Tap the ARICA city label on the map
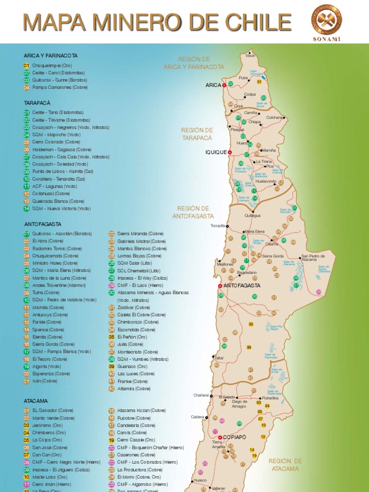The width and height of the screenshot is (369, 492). click(x=213, y=85)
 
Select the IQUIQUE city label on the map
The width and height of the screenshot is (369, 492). click(x=216, y=152)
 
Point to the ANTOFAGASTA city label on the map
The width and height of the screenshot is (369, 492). click(x=242, y=285)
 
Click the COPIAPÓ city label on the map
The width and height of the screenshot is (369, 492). click(x=234, y=437)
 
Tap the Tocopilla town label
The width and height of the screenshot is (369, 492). click(x=218, y=226)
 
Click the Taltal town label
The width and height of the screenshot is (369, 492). click(x=219, y=358)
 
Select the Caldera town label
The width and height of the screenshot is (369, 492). click(x=197, y=417)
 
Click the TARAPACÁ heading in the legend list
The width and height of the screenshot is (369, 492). click(x=37, y=103)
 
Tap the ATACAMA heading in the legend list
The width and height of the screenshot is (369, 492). click(x=36, y=401)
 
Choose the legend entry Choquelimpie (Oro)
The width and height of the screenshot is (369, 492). click(x=52, y=65)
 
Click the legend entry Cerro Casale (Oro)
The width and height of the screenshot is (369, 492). click(x=136, y=440)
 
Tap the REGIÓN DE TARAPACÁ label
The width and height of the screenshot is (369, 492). click(x=197, y=134)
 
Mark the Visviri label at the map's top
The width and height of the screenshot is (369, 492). click(x=250, y=56)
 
